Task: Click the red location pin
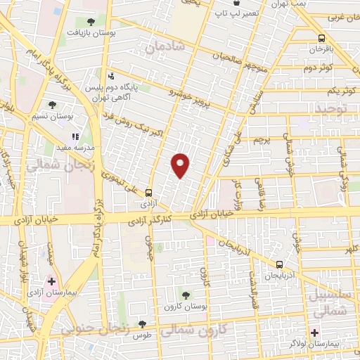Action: coord(181,165)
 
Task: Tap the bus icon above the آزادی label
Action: coord(148,192)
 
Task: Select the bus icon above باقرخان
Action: coord(321,39)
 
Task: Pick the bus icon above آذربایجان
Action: coord(280,264)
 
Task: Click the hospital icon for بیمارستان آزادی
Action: coord(51,281)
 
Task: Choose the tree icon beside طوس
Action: coord(143,324)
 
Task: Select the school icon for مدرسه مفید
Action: coord(75,137)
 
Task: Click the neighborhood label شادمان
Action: coord(165,48)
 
